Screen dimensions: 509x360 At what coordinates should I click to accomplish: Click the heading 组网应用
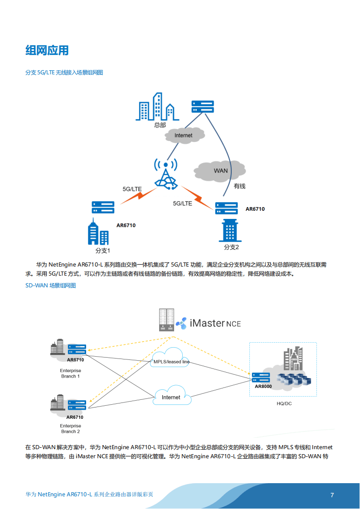click(47, 50)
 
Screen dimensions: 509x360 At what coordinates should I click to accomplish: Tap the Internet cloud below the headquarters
click(183, 135)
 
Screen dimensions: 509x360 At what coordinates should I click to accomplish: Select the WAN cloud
click(220, 171)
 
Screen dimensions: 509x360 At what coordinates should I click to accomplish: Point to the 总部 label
click(160, 125)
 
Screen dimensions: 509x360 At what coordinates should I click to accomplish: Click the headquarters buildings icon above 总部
click(155, 107)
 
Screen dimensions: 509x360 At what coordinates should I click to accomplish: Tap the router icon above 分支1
click(103, 207)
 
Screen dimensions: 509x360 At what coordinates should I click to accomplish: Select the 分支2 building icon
click(228, 231)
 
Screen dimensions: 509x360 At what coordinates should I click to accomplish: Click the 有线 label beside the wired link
click(239, 186)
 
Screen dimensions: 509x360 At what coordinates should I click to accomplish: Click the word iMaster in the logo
click(207, 323)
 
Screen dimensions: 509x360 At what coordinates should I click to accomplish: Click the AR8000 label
click(263, 387)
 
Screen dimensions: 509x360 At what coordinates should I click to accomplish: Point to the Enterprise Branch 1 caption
click(71, 373)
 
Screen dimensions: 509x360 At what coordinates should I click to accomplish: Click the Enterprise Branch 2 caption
click(71, 428)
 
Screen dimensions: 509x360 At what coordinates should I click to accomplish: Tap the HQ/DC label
click(284, 403)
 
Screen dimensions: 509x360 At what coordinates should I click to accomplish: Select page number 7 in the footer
click(332, 495)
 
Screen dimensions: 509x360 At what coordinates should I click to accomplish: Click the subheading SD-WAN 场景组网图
click(50, 286)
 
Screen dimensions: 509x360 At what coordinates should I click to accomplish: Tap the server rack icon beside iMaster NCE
click(166, 320)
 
